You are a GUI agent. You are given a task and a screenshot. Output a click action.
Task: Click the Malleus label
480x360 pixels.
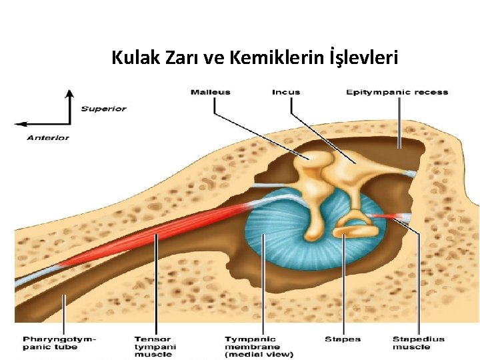click(211, 92)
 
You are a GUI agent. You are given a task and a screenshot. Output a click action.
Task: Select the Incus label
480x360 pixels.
click(286, 92)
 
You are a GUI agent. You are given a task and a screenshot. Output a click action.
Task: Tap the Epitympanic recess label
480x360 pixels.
click(397, 92)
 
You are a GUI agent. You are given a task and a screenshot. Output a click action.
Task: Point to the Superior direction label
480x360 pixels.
click(103, 109)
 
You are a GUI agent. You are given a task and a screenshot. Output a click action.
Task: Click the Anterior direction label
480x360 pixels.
click(48, 137)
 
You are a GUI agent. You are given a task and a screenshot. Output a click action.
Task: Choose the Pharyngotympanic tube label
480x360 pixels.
click(59, 343)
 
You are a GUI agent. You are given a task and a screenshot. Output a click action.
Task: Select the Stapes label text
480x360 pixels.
click(343, 339)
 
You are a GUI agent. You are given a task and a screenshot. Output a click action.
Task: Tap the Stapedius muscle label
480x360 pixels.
click(418, 343)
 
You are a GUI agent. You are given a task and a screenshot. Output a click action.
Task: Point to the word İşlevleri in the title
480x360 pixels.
click(365, 58)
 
